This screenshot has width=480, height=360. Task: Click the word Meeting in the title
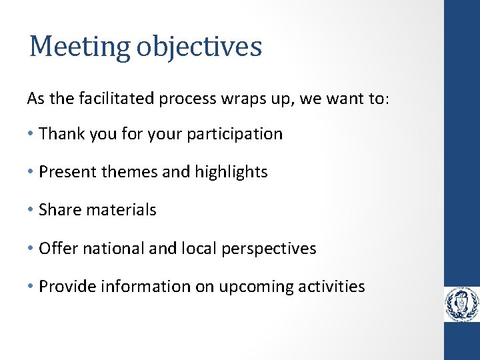[82, 47]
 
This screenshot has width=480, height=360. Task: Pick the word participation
[235, 134]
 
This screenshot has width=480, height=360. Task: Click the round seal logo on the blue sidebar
[462, 305]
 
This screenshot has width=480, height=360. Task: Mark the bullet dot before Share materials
[31, 210]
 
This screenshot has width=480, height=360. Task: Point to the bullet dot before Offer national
[31, 249]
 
